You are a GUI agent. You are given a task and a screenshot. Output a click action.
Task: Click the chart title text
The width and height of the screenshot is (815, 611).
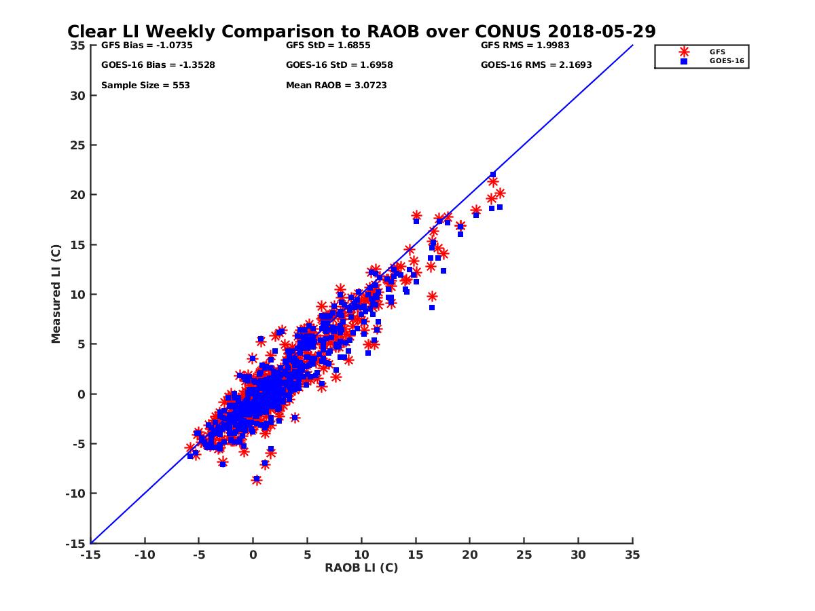361,31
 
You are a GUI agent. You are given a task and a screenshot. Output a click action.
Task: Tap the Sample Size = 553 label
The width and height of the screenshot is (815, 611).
145,86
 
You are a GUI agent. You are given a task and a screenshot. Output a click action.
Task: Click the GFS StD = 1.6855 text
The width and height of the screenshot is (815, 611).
329,46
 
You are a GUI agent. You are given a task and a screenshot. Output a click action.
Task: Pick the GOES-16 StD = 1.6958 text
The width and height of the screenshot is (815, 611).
340,65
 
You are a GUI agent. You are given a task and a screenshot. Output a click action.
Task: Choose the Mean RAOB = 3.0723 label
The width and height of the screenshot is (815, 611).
336,86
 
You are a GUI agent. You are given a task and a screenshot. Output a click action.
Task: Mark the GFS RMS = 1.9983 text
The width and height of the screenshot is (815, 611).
525,46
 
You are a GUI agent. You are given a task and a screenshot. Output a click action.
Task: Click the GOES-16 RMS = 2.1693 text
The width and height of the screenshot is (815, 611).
536,65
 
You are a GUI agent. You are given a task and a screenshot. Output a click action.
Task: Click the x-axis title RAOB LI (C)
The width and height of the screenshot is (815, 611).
361,568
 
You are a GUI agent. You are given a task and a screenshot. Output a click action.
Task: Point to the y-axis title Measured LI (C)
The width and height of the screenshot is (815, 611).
56,294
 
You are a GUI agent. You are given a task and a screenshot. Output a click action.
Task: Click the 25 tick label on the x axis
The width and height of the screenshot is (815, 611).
524,555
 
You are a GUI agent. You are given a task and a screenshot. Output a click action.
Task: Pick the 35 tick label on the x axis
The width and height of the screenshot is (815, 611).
632,555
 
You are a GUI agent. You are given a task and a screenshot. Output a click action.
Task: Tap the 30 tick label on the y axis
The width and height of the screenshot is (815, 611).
77,95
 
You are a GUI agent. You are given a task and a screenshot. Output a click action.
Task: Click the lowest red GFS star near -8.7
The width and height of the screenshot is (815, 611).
257,480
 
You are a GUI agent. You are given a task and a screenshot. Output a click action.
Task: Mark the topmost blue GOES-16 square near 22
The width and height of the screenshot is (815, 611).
493,174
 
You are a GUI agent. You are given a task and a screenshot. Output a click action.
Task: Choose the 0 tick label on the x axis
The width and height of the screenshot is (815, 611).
253,555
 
